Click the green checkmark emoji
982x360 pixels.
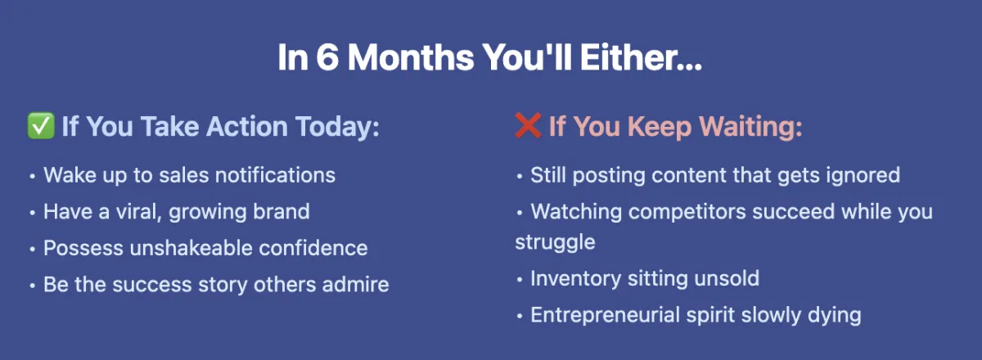pos(41,126)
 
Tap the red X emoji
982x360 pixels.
pos(529,126)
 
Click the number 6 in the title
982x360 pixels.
pos(327,57)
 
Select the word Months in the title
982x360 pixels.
pos(411,57)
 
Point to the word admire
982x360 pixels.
pos(355,285)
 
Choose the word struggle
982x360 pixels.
pos(555,242)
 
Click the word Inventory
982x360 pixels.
pos(575,279)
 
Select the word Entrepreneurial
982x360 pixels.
pos(605,315)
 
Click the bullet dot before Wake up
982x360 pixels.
pos(33,176)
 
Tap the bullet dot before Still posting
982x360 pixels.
pos(520,176)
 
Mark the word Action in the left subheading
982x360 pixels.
pos(247,126)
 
